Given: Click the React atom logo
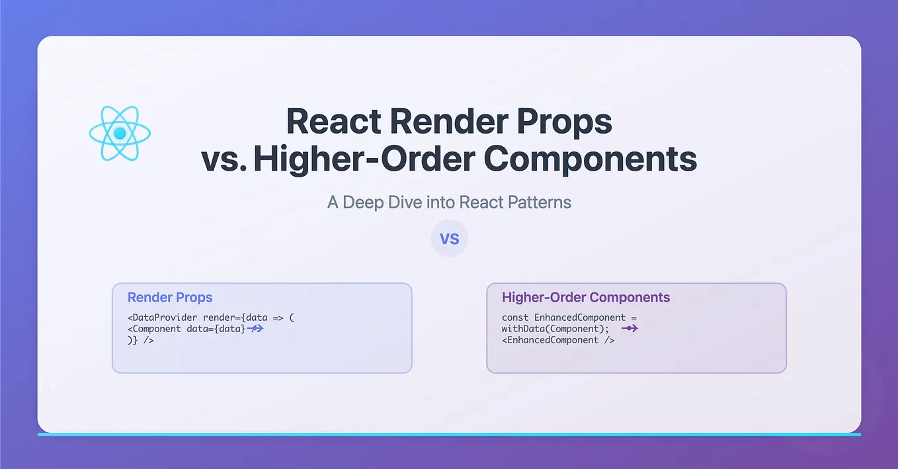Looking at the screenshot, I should [x=120, y=134].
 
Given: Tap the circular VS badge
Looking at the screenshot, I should [x=449, y=238].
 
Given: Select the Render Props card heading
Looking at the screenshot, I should [x=170, y=298].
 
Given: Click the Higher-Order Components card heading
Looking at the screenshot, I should [x=586, y=298].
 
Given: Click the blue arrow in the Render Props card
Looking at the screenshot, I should [x=256, y=328].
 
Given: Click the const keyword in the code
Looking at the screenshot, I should [x=515, y=318].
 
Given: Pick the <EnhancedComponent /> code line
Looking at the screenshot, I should [x=558, y=340].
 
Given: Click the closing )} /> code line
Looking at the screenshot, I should [x=141, y=340].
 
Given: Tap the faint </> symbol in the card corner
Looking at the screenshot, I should [x=837, y=70].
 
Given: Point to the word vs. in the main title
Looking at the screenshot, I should [x=224, y=159].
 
